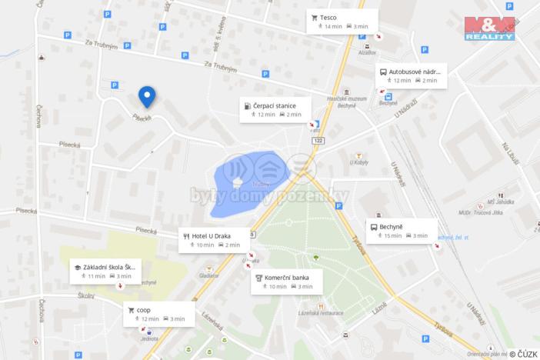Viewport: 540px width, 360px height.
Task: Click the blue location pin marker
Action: [146, 96]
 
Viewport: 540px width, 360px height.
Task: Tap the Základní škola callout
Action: [106, 270]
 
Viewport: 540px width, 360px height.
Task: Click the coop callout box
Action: [157, 314]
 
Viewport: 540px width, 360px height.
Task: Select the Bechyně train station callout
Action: [400, 231]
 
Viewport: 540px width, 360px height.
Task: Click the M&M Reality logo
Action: [489, 28]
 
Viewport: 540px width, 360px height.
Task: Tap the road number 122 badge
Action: [319, 140]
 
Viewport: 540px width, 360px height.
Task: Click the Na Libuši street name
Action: [507, 151]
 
